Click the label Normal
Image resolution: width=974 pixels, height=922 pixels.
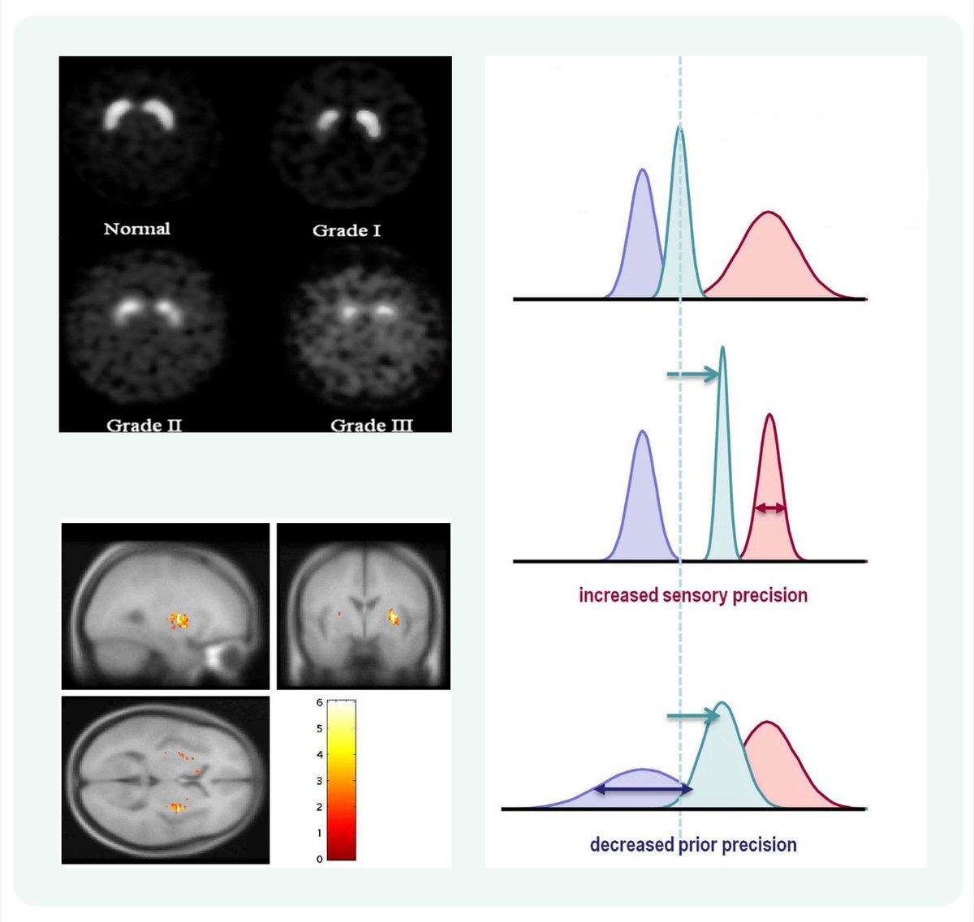pos(136,229)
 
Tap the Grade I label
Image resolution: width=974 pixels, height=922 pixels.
pos(347,230)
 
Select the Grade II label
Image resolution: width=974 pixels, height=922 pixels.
pos(144,425)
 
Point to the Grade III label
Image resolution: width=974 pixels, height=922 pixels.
pos(372,425)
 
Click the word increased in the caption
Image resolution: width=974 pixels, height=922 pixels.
pos(618,595)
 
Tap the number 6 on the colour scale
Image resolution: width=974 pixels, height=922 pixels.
pos(320,702)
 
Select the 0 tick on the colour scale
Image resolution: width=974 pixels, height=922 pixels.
pos(320,859)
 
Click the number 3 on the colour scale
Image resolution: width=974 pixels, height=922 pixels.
pos(320,781)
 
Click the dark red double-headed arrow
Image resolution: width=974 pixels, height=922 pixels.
pos(769,508)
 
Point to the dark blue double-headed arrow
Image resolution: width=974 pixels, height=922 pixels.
pos(643,788)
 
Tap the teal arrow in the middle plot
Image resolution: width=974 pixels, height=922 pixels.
pos(692,374)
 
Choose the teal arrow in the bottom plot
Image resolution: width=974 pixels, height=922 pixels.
pos(692,716)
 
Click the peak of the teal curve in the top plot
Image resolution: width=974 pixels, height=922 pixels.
pos(679,128)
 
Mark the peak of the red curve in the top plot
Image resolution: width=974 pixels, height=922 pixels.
pos(768,212)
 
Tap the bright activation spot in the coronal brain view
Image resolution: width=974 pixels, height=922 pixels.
pos(394,616)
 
